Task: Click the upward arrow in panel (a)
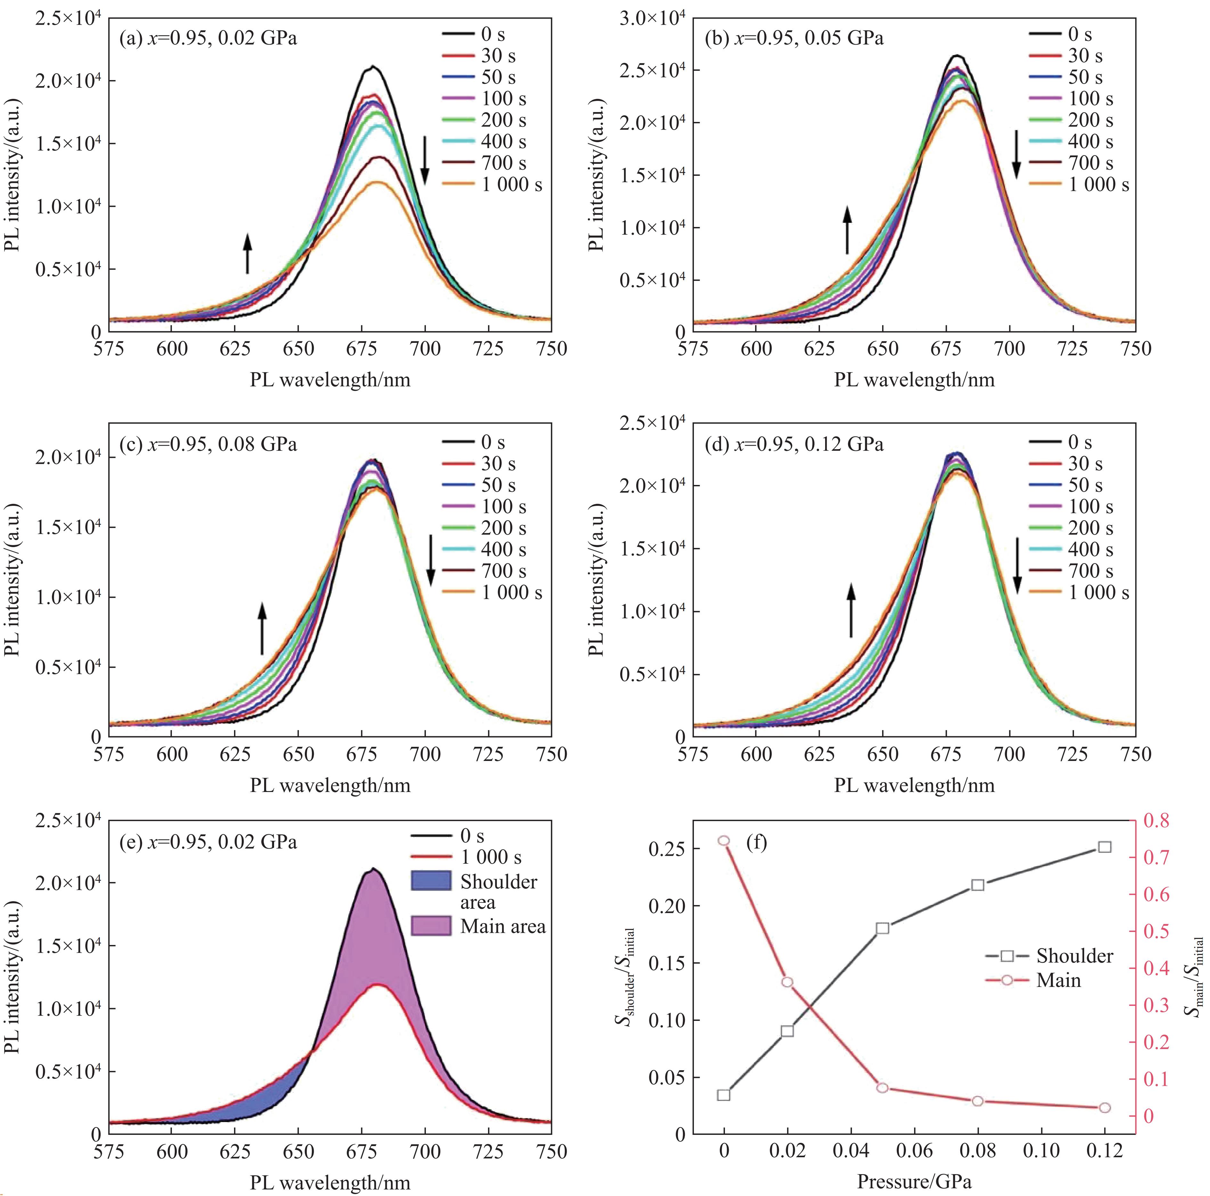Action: click(x=248, y=254)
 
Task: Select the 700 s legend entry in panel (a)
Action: click(x=482, y=163)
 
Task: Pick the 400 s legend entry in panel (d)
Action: click(x=1070, y=549)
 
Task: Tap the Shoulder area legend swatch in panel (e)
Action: click(x=431, y=881)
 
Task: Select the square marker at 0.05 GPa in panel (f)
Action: click(x=882, y=928)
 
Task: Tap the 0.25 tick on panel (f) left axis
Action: click(x=668, y=849)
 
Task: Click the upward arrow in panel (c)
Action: click(x=263, y=628)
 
